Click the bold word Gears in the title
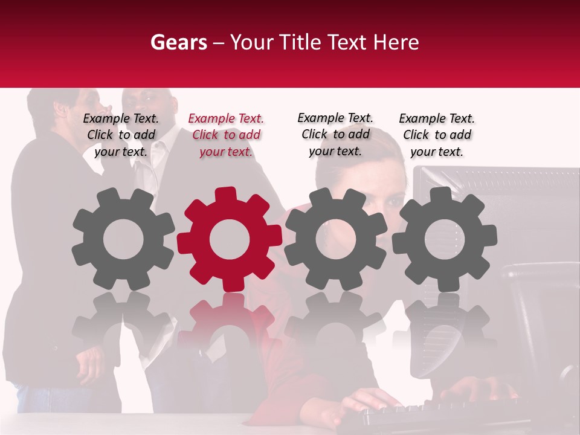click(x=178, y=42)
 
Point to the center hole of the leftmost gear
click(x=123, y=239)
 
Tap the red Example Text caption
click(x=226, y=135)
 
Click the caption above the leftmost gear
click(x=121, y=135)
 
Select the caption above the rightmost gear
click(x=437, y=135)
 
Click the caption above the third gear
click(x=335, y=134)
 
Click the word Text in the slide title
click(x=347, y=42)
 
